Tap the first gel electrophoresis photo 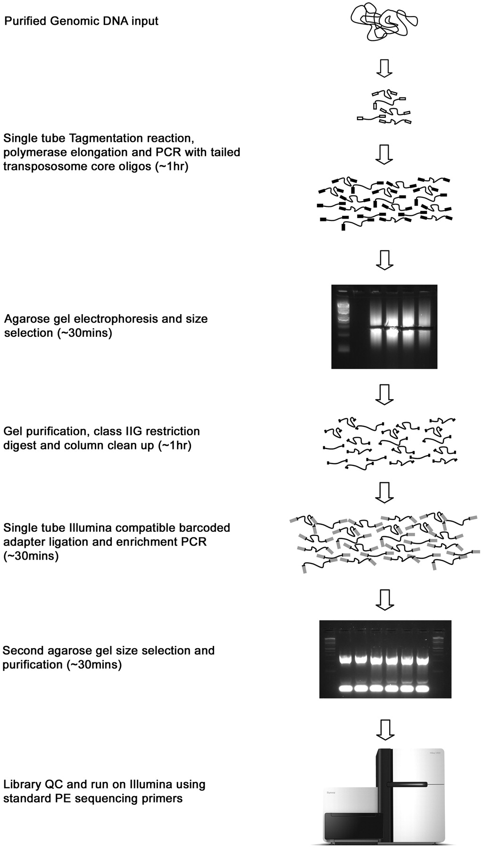(384, 326)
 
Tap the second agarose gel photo (385, 659)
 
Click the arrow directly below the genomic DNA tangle (385, 68)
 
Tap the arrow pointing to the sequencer (385, 729)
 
